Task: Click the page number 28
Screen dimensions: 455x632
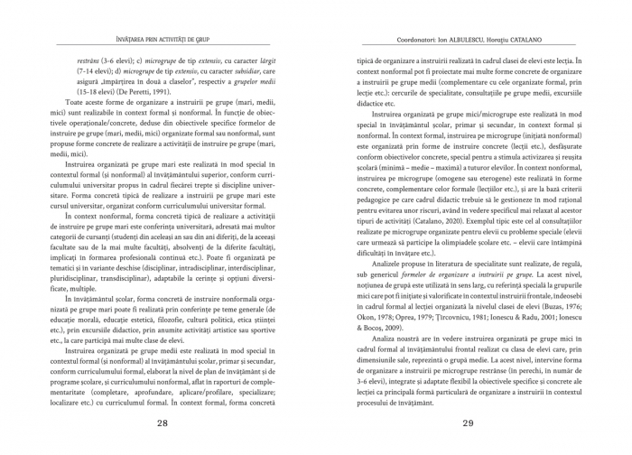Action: (x=163, y=422)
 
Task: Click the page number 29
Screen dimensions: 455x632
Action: (x=468, y=422)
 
